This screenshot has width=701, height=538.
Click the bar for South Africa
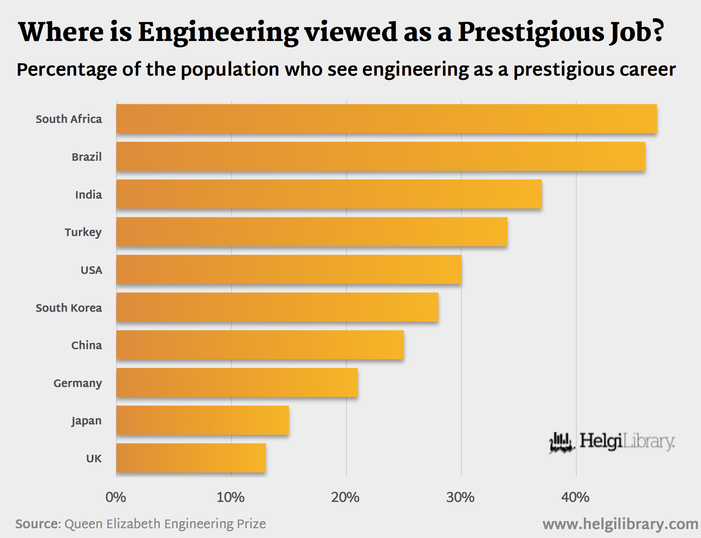click(x=386, y=119)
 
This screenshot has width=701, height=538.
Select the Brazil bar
click(x=381, y=156)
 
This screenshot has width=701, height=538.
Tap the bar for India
click(x=329, y=194)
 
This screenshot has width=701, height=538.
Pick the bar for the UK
click(x=191, y=458)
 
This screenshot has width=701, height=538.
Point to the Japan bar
click(x=203, y=420)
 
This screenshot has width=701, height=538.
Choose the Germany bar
click(x=237, y=383)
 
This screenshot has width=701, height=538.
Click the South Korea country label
click(x=69, y=308)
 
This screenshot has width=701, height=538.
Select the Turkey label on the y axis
click(x=83, y=232)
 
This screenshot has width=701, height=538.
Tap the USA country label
click(x=91, y=270)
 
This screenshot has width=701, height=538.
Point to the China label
click(x=86, y=345)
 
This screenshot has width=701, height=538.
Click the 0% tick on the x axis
click(x=116, y=497)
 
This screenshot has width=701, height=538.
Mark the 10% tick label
click(x=231, y=497)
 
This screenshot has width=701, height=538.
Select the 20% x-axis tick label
click(x=346, y=497)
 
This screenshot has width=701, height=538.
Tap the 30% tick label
click(x=461, y=497)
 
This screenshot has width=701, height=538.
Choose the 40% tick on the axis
click(x=575, y=497)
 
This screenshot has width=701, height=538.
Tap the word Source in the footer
click(x=37, y=524)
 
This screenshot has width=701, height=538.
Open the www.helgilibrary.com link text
click(x=620, y=524)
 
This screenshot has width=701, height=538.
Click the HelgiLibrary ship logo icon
click(x=562, y=443)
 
